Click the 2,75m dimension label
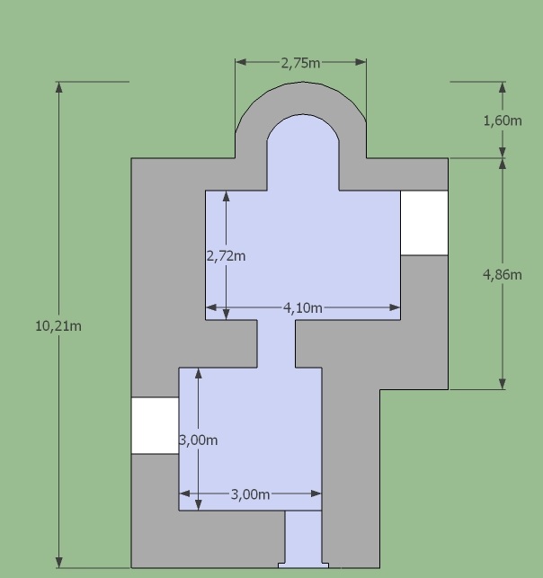coord(300,64)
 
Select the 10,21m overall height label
coord(58,326)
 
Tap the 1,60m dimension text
coord(503,120)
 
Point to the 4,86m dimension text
coord(503,275)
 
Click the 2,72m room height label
coord(226,256)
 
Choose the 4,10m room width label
coord(303,307)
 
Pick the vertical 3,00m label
coord(199,440)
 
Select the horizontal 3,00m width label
coord(250,494)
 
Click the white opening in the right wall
coord(424,223)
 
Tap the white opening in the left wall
coord(156,425)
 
